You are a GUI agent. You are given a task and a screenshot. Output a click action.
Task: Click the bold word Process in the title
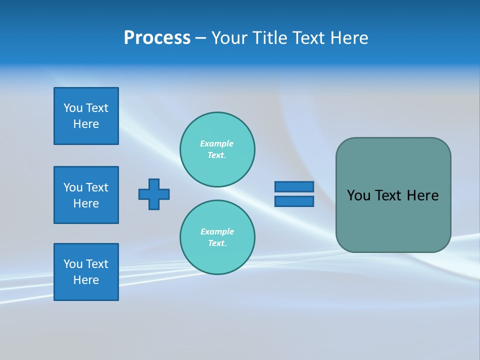pyautogui.click(x=157, y=38)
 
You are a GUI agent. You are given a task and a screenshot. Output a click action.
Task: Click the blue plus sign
pyautogui.click(x=154, y=194)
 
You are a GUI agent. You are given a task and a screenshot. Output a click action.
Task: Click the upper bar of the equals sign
pyautogui.click(x=294, y=186)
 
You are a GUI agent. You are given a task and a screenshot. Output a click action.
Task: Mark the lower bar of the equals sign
pyautogui.click(x=294, y=201)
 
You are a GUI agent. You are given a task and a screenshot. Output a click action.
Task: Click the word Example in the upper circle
pyautogui.click(x=216, y=143)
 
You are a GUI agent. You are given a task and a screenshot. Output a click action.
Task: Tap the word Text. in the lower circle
pyautogui.click(x=217, y=243)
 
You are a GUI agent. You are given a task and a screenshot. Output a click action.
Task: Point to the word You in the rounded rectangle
pyautogui.click(x=358, y=195)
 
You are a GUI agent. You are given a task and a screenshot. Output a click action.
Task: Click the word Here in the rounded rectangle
pyautogui.click(x=422, y=195)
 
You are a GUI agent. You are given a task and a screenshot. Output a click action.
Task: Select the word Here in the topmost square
pyautogui.click(x=86, y=124)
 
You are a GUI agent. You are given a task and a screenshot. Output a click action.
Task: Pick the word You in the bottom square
pyautogui.click(x=73, y=264)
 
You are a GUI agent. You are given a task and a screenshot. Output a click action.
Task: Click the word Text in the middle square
pyautogui.click(x=97, y=187)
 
